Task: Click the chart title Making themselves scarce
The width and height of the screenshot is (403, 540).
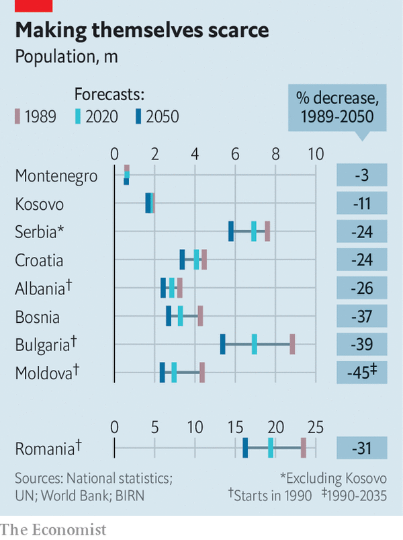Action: [x=142, y=30]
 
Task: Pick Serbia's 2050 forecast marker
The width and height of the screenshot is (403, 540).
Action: [x=231, y=231]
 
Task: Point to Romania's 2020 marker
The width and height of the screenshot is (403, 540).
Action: [x=271, y=447]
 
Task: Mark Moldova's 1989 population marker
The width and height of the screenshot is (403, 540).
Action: [x=202, y=372]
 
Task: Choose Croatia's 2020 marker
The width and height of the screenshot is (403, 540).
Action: [x=197, y=259]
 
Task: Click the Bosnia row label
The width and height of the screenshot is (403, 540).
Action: [x=38, y=317]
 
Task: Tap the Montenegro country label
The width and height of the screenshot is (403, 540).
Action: [x=56, y=176]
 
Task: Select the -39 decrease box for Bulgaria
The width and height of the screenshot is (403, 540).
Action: [x=363, y=344]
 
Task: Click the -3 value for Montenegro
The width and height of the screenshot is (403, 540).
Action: [x=363, y=176]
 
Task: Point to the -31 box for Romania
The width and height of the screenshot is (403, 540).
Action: [x=363, y=448]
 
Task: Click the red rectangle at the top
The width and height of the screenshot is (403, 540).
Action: [x=33, y=5]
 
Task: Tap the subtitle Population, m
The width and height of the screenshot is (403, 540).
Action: [x=66, y=56]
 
